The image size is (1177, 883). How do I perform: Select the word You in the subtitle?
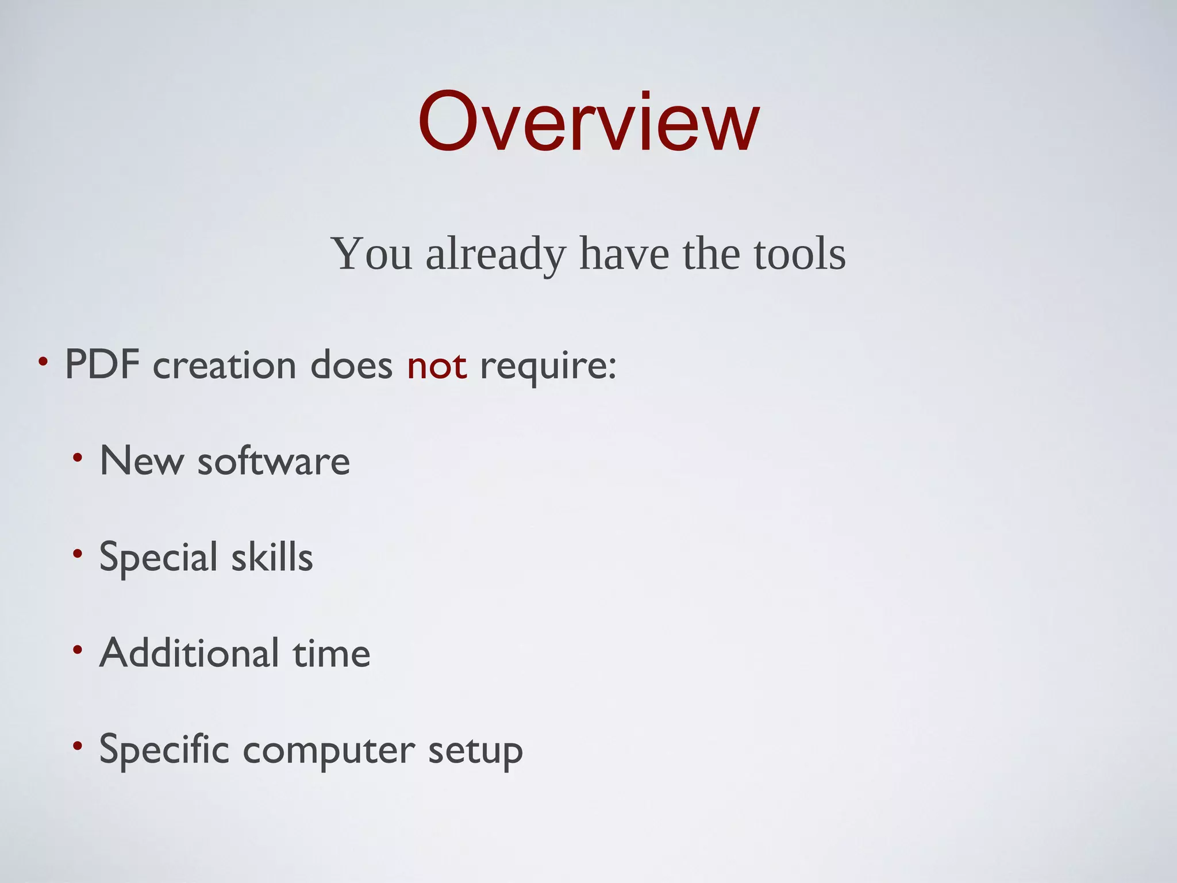[372, 254]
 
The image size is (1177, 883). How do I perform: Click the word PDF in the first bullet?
[102, 364]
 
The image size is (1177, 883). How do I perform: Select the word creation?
[224, 366]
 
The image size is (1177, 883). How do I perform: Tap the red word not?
[437, 366]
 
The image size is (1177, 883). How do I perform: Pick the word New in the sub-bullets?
[141, 461]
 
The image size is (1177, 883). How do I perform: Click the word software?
[274, 461]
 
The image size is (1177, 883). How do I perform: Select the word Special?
[159, 558]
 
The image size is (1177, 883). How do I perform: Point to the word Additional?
[190, 653]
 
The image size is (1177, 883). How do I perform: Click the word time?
[332, 653]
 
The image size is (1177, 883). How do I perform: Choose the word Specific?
[164, 750]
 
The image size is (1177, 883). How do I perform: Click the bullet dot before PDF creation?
[43, 362]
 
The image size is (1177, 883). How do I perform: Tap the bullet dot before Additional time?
[78, 650]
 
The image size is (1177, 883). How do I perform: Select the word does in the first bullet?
[351, 366]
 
